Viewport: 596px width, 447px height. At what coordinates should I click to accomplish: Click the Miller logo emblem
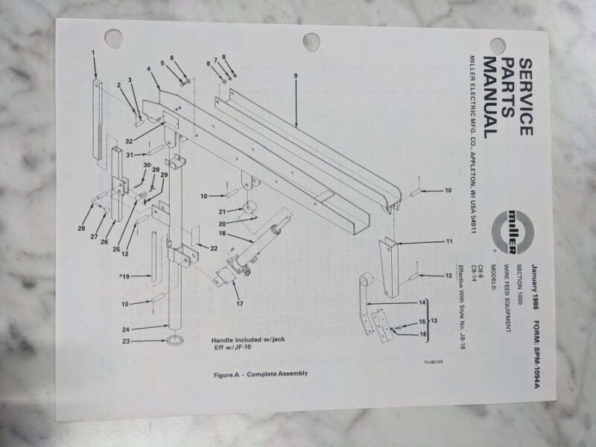512,232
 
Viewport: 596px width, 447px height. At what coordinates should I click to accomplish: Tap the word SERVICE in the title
526,97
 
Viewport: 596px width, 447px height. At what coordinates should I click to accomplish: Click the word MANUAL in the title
490,98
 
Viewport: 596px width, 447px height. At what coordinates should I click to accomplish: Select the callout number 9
296,76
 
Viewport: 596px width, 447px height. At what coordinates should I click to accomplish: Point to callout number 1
93,53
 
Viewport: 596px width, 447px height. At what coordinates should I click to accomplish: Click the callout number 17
239,303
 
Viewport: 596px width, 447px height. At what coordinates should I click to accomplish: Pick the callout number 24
126,329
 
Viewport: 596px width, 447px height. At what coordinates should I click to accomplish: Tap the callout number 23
126,341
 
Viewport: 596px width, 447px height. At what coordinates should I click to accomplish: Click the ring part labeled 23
175,340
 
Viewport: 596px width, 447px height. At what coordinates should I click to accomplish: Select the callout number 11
449,241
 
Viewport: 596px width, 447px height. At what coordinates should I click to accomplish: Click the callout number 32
129,142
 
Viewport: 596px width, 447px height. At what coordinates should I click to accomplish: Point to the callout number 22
214,248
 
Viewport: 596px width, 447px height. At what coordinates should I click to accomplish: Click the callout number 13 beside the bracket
434,320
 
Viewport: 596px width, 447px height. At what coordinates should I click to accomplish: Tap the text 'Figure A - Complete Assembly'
261,374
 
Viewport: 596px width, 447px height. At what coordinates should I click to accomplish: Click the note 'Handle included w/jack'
248,340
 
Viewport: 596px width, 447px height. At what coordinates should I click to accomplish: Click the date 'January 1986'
535,288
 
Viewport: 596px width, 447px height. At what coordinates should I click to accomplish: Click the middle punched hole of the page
311,42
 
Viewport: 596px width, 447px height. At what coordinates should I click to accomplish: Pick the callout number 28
81,229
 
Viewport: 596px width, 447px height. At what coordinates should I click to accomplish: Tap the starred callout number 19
124,276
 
